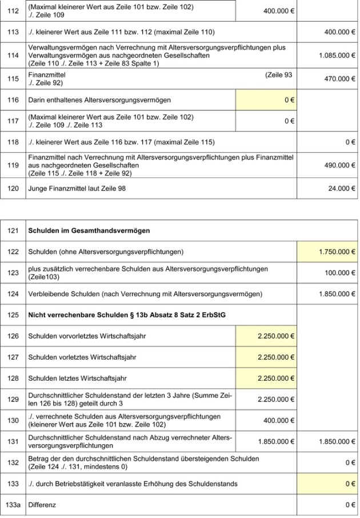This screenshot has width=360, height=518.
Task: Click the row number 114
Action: coord(13,57)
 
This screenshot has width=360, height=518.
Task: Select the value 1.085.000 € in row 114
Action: coord(337,57)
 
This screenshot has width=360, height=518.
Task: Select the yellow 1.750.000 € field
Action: coord(327,252)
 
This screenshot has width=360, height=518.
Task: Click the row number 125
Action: coord(13,315)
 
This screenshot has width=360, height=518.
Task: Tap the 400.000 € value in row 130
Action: coord(276,420)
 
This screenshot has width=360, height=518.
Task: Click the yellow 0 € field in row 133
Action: coord(327,484)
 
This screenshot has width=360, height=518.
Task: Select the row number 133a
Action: coord(13,505)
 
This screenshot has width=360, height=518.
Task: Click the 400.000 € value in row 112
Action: coord(276,11)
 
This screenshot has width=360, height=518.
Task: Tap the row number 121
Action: coord(13,230)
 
